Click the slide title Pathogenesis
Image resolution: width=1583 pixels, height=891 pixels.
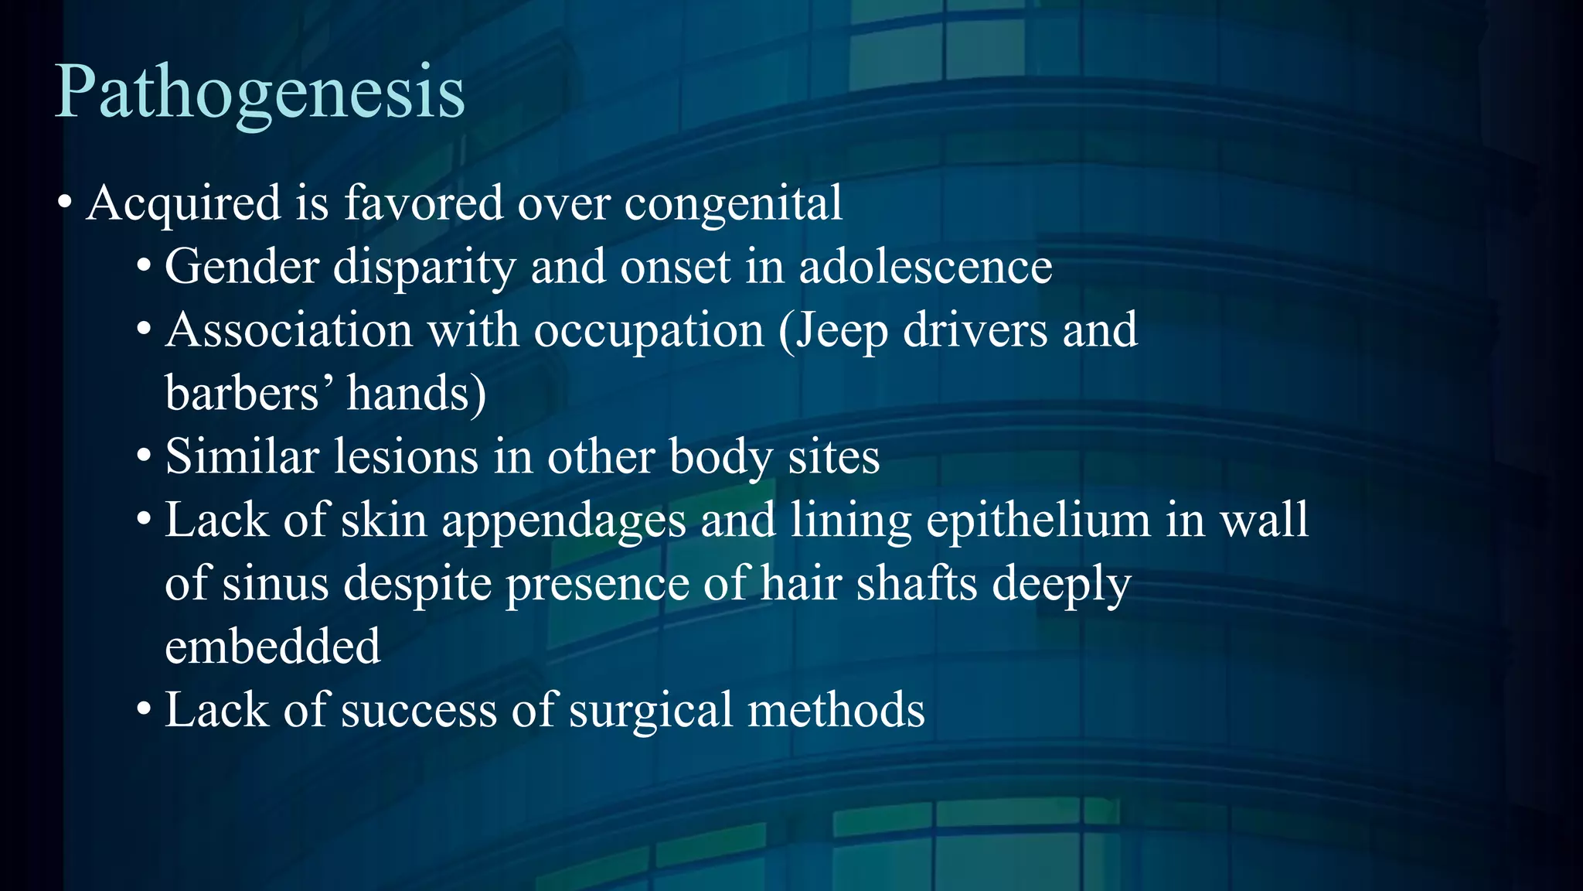click(260, 93)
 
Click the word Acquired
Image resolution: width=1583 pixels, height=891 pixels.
click(184, 203)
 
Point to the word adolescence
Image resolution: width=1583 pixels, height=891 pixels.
click(925, 267)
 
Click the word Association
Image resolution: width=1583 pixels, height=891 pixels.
click(289, 330)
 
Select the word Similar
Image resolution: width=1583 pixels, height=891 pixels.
click(242, 456)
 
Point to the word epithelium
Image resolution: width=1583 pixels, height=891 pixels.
click(1038, 521)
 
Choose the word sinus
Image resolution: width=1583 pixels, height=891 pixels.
click(275, 583)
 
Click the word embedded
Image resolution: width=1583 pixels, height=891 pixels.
click(273, 646)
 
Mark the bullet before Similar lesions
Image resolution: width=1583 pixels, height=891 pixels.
click(144, 457)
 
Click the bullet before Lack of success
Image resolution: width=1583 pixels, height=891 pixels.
click(144, 709)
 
